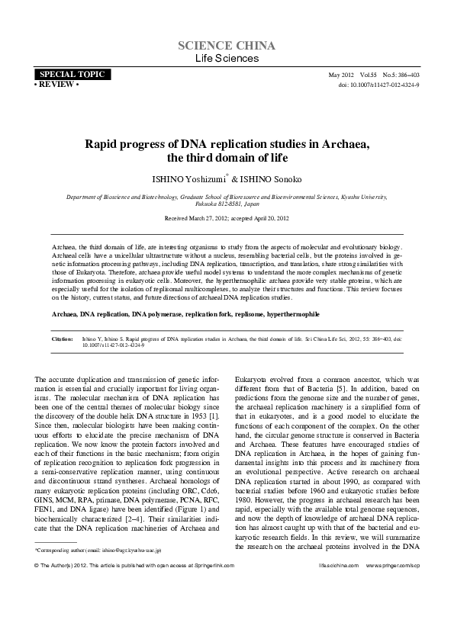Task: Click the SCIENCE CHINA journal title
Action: point(227,46)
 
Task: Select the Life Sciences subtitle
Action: point(227,58)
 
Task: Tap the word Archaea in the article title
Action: point(343,143)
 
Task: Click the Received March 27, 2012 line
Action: point(227,218)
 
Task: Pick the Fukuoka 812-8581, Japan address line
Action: point(227,204)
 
